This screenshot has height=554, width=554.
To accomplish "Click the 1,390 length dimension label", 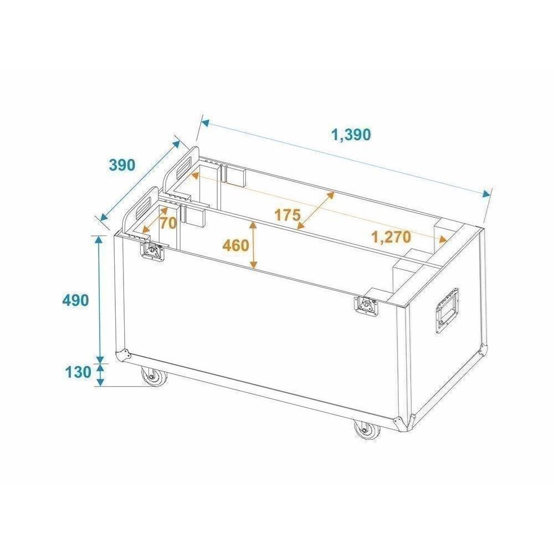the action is pyautogui.click(x=351, y=135).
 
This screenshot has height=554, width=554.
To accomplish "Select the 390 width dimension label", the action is pyautogui.click(x=121, y=165).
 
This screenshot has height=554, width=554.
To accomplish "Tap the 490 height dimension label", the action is pyautogui.click(x=75, y=300).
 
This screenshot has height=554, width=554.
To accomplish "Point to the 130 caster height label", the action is pyautogui.click(x=78, y=372).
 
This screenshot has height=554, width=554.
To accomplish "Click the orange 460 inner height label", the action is pyautogui.click(x=235, y=245).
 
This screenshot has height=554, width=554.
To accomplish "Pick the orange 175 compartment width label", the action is pyautogui.click(x=288, y=215).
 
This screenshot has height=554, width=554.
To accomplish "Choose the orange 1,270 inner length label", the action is pyautogui.click(x=392, y=237).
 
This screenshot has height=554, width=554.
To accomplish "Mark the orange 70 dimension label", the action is pyautogui.click(x=168, y=223).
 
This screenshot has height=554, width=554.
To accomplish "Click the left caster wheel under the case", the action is pyautogui.click(x=153, y=377).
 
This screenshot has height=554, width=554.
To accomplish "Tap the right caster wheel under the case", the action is pyautogui.click(x=367, y=430).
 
